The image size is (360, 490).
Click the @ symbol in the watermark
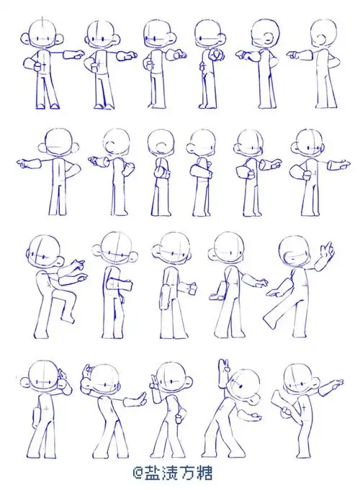pyautogui.click(x=138, y=473)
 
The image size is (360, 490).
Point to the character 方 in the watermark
pyautogui.click(x=186, y=473)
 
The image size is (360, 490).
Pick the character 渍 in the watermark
pyautogui.click(x=169, y=473)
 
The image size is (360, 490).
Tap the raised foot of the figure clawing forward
pyautogui.click(x=68, y=319)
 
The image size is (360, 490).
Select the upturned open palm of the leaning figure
pyautogui.click(x=253, y=417)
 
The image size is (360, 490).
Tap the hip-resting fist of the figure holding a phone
pyautogui.click(x=179, y=418)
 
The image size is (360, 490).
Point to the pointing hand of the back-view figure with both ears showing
pyautogui.click(x=24, y=163)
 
